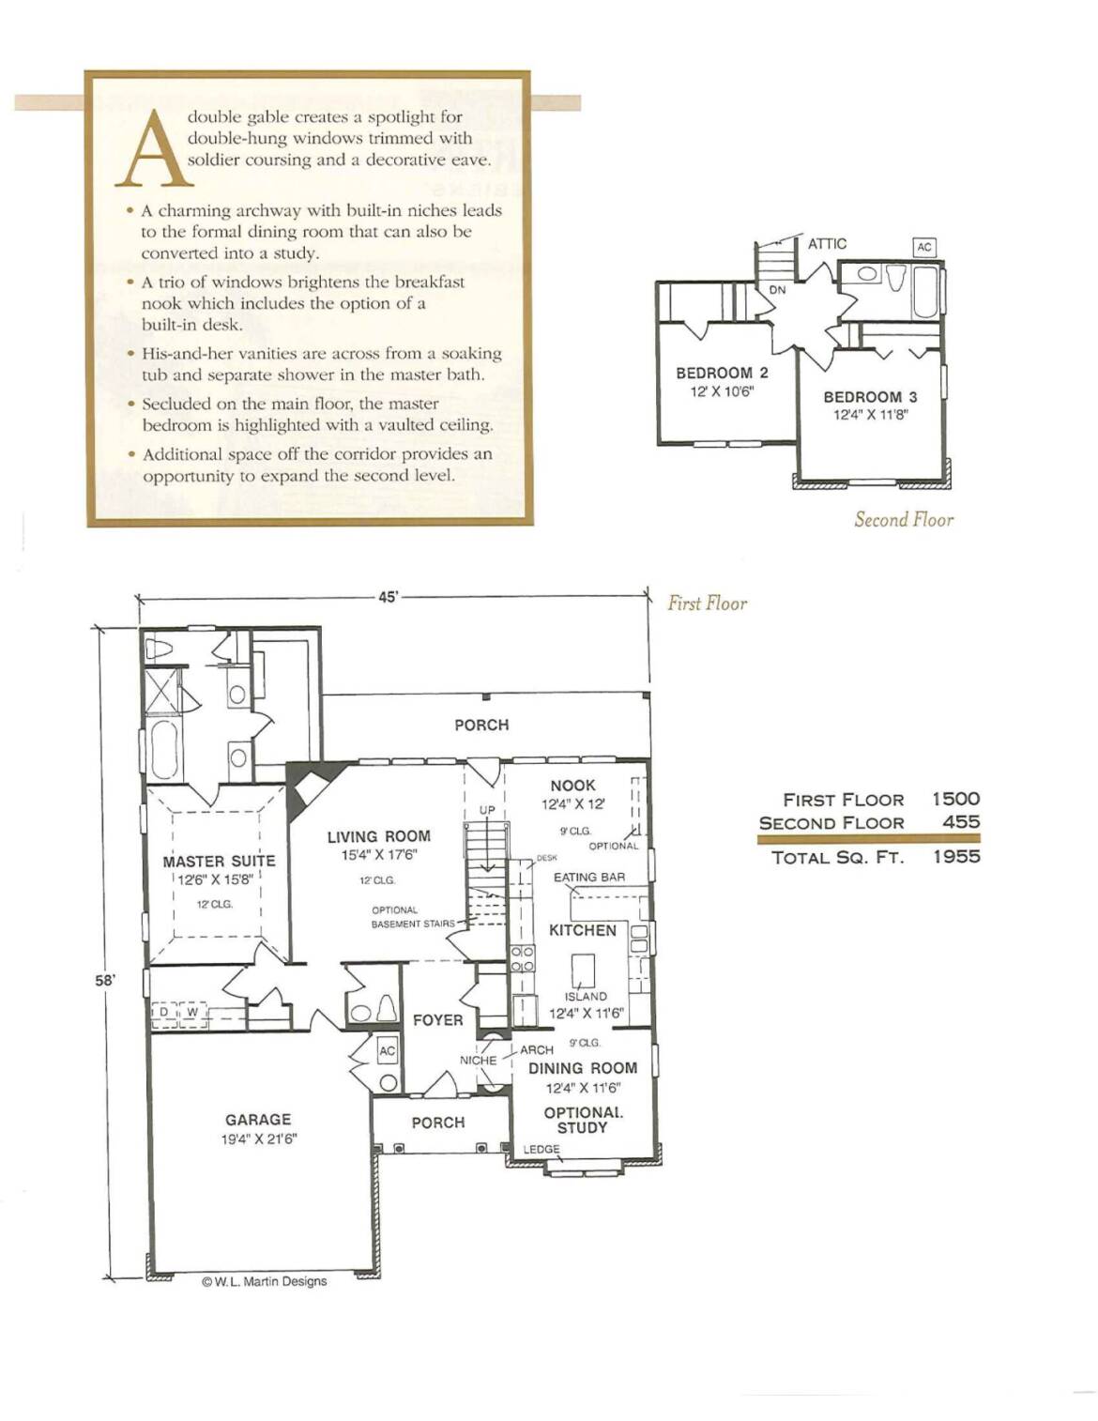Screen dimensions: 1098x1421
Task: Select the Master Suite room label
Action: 219,861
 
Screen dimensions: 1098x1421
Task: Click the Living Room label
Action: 379,836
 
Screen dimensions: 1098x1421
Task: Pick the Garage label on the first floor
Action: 258,1120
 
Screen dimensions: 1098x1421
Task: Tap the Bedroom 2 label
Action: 723,373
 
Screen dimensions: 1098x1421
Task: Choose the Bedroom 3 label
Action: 871,397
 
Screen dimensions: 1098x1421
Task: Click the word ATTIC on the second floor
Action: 827,244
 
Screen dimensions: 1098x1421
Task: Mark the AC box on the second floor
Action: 924,247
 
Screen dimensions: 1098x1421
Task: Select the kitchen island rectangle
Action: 583,970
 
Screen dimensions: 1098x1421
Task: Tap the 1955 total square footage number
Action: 957,857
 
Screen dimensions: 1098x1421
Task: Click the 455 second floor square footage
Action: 962,822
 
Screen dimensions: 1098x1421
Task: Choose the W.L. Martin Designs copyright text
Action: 265,1282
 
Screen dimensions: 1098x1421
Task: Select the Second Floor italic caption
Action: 904,520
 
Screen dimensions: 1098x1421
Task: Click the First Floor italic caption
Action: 708,603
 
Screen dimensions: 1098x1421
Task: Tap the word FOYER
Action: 438,1020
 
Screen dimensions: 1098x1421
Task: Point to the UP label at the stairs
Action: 488,810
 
